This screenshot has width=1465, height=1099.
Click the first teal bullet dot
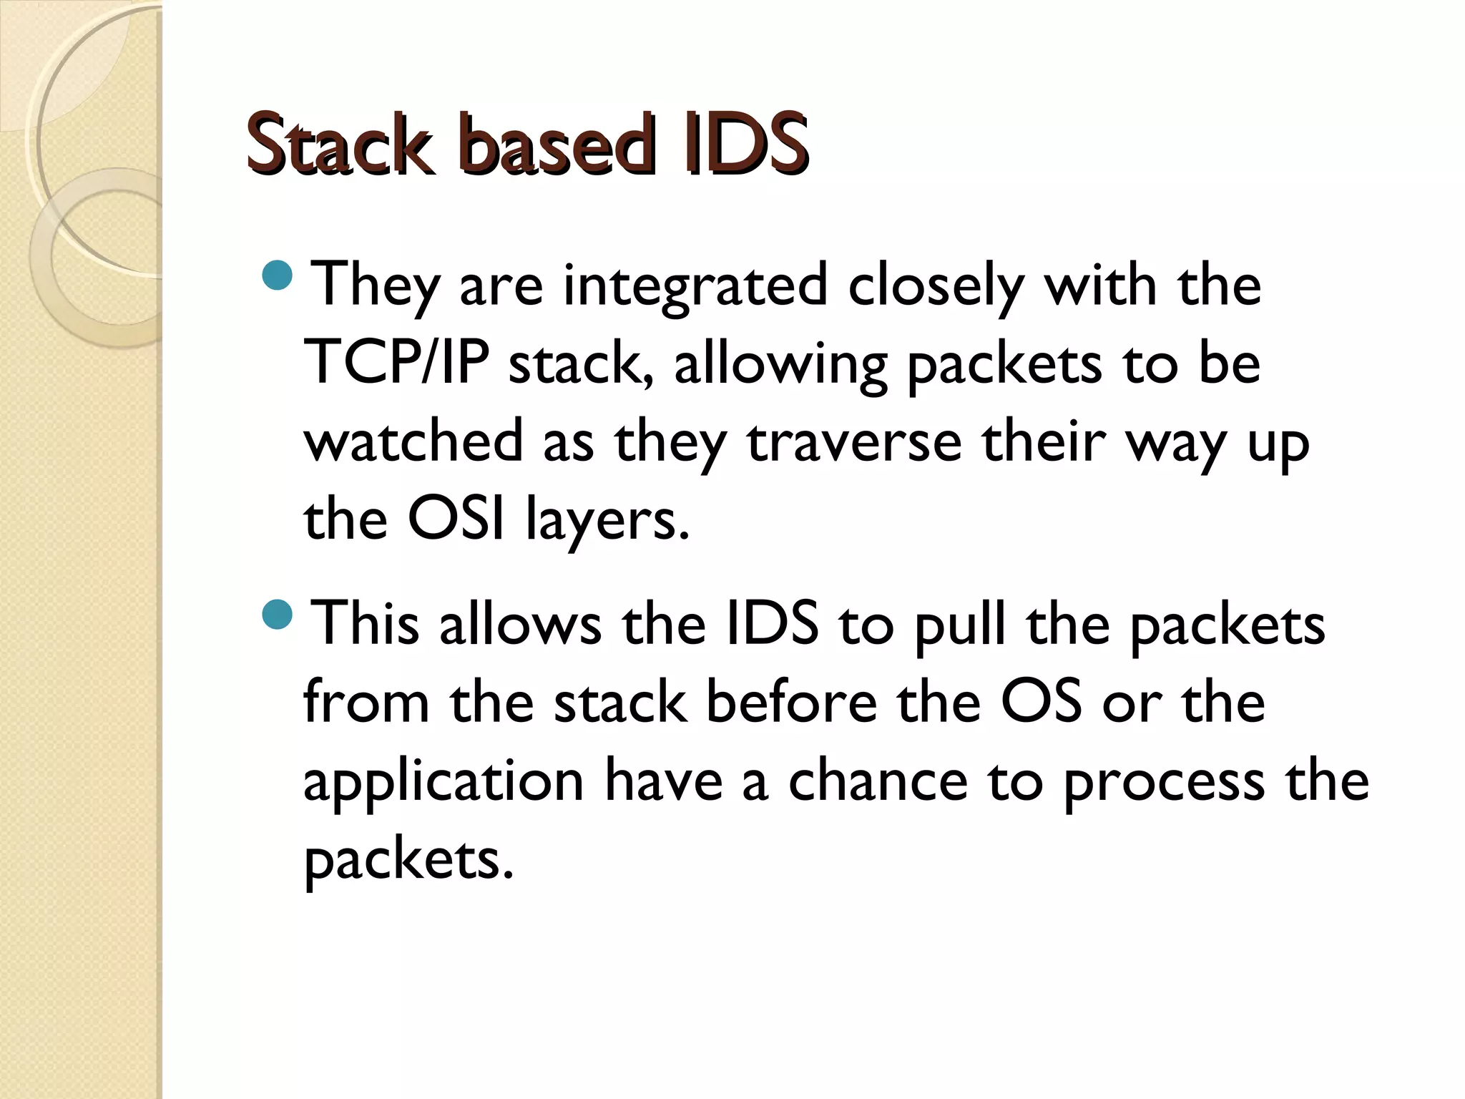(x=278, y=276)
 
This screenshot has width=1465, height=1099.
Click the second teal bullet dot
(x=278, y=615)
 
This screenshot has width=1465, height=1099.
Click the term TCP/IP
(x=396, y=363)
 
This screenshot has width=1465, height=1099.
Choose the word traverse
(x=854, y=442)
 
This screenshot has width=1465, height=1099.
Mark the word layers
(x=607, y=521)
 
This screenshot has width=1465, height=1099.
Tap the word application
(x=444, y=781)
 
